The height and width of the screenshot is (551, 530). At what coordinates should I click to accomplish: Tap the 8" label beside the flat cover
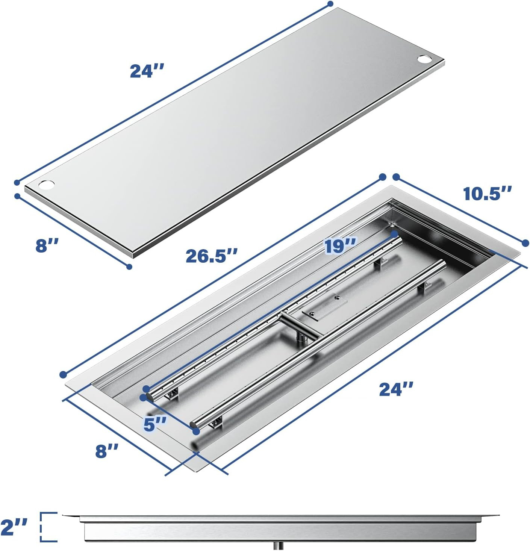(47, 245)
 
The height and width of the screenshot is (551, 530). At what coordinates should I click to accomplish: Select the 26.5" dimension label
(212, 256)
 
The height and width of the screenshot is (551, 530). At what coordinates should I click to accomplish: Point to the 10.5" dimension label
(487, 194)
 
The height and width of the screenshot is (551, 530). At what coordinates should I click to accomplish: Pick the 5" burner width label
(154, 424)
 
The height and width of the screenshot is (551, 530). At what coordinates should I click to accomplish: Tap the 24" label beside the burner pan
(396, 389)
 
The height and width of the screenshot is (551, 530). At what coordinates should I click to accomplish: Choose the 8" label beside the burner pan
(107, 450)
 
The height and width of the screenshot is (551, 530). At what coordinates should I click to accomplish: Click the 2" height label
(14, 527)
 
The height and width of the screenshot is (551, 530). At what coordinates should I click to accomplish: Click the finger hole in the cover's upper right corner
(425, 59)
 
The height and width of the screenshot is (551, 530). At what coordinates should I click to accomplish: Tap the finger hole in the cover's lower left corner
(47, 185)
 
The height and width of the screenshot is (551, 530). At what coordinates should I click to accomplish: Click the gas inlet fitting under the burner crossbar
(300, 340)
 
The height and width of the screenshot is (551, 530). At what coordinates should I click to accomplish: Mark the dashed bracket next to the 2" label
(49, 527)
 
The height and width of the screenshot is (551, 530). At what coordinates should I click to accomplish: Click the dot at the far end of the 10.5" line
(525, 243)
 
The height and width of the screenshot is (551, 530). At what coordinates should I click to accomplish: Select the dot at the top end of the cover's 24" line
(330, 4)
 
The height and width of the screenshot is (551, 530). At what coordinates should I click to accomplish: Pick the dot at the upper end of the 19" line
(394, 233)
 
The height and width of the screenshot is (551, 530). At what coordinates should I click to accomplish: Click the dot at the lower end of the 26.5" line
(63, 374)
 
